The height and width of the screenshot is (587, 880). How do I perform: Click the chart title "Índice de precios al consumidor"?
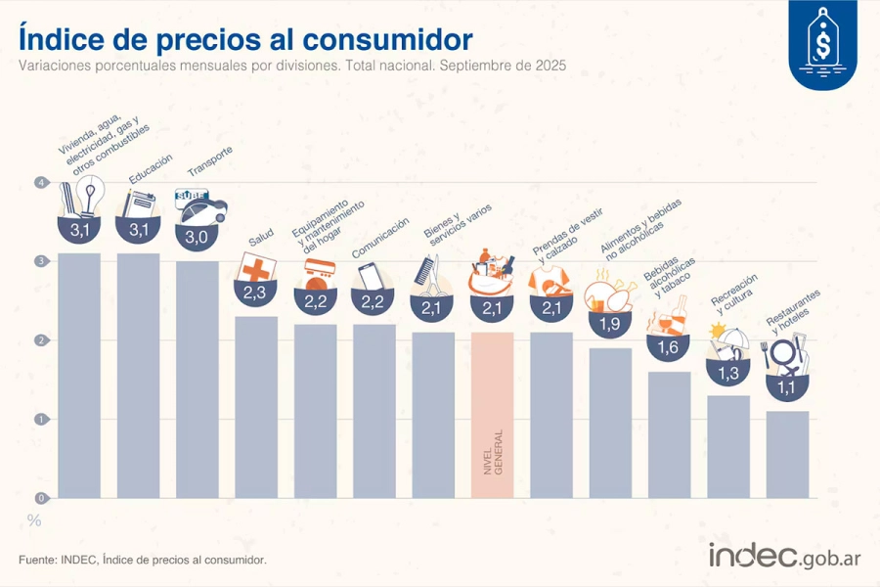click(245, 40)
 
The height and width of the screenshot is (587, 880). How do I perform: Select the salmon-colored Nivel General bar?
click(493, 415)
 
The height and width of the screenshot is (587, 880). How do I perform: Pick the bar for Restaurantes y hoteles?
click(787, 454)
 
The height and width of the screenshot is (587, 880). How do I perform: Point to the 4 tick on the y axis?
click(41, 183)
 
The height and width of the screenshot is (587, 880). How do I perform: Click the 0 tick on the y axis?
click(41, 498)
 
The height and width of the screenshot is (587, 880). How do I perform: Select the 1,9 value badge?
click(610, 324)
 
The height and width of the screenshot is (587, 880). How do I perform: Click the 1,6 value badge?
click(669, 346)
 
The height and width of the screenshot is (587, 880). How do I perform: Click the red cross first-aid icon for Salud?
click(256, 268)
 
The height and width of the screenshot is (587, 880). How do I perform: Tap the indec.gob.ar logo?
click(784, 558)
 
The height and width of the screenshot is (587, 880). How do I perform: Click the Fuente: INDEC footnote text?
click(142, 560)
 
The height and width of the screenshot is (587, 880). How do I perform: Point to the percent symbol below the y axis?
click(34, 520)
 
